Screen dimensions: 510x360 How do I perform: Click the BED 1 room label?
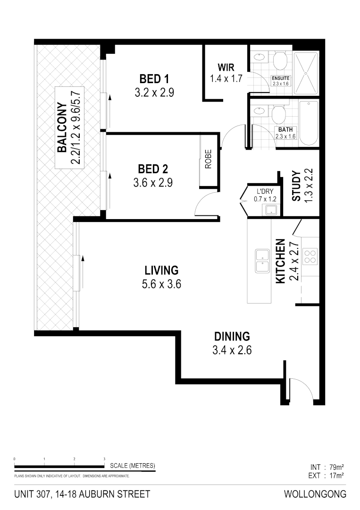[154, 78]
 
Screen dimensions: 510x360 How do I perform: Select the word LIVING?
[161, 271]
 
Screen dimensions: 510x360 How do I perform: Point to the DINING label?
[232, 337]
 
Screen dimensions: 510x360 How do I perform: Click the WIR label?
[226, 67]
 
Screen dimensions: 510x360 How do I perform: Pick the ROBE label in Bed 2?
[208, 160]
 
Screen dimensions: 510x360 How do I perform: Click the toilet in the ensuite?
[280, 60]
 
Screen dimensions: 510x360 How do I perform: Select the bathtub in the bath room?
[309, 123]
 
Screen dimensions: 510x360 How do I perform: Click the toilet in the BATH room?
[280, 113]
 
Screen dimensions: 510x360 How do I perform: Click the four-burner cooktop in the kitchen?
[310, 256]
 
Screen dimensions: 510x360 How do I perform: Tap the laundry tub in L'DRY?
[271, 210]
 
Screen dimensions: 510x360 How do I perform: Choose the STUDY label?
[296, 186]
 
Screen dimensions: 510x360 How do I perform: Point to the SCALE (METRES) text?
[132, 466]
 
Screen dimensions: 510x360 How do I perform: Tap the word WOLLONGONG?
[315, 494]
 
